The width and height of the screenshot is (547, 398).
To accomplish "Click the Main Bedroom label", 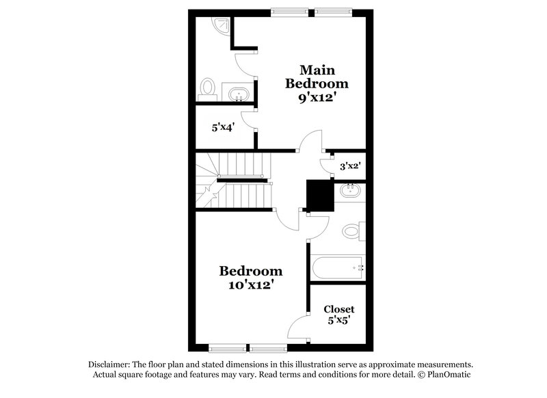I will pos(317,77).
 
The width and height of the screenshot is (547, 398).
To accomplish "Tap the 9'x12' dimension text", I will pos(317,98).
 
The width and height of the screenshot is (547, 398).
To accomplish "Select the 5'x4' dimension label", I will pos(224,127).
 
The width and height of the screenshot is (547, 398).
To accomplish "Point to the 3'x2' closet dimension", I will pos(351,165).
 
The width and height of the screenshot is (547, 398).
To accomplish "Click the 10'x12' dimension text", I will pos(250,284).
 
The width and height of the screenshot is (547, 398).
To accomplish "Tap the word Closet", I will pos(338,308).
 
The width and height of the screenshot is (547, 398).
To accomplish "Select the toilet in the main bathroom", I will pos(208,90).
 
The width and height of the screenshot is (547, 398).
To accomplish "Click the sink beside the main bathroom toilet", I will pos(239,94).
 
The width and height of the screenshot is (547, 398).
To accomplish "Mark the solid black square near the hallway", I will pos(319,196).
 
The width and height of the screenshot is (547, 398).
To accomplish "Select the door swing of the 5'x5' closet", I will pos(299,327).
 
